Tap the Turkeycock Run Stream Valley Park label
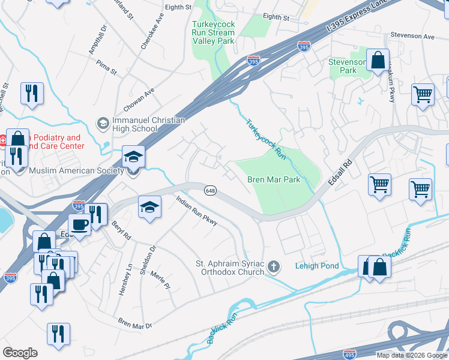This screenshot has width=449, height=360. tap(213, 33)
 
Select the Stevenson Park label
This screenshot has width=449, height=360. tap(347, 66)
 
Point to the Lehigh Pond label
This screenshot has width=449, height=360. tap(317, 266)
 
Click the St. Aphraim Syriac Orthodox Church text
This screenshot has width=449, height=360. tap(230, 268)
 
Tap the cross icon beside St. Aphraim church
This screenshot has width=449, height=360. tap(274, 266)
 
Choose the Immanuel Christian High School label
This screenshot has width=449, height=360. tap(148, 125)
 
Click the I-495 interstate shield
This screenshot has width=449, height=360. tap(350, 355)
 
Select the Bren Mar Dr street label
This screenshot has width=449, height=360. tap(135, 323)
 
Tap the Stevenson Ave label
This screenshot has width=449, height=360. tap(411, 37)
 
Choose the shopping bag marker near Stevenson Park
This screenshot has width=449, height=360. tap(378, 61)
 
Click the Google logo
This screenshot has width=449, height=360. tap(20, 353)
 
